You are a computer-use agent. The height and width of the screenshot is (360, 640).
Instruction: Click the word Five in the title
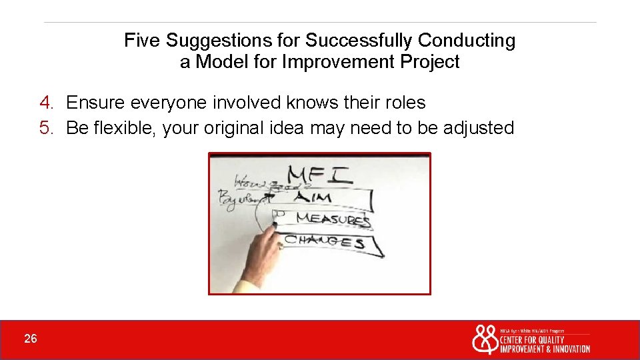coord(142,41)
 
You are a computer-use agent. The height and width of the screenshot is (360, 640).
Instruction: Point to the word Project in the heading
coord(429,63)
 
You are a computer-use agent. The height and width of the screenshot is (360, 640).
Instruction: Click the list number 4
coord(45,103)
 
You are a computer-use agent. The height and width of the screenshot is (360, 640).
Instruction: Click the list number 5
coord(45,128)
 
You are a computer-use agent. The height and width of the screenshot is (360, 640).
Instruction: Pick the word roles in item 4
coord(404,103)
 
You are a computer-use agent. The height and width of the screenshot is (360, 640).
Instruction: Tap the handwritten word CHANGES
coord(325,241)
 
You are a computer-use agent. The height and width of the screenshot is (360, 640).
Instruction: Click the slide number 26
coord(31,339)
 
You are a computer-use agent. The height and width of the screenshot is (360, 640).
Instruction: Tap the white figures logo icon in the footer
coord(485,340)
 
